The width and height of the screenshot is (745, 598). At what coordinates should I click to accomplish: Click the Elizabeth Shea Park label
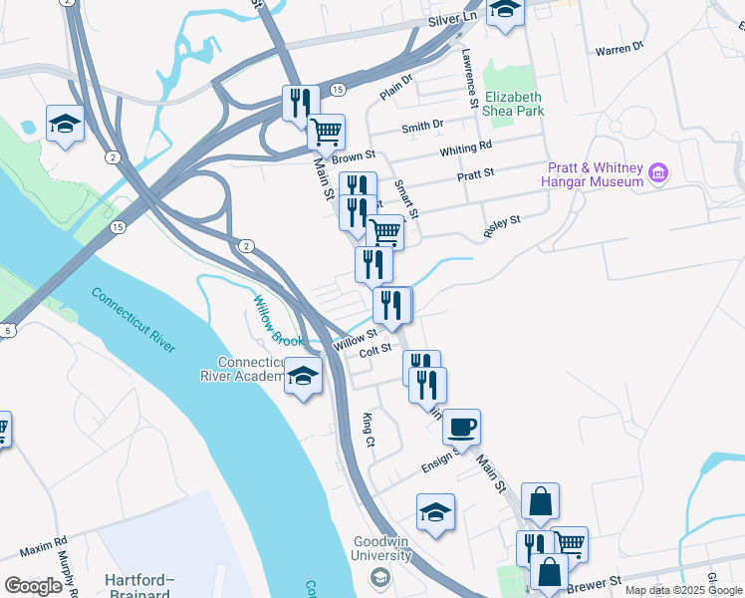(x=514, y=104)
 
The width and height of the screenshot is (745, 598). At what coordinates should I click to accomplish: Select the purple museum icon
(x=657, y=174)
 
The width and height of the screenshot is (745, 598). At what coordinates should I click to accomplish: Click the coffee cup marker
(x=461, y=428)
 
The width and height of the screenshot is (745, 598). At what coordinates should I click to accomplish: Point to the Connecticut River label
(x=133, y=320)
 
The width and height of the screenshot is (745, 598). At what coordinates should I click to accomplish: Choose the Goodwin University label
(x=381, y=548)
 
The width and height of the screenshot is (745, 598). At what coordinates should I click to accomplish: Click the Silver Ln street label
(x=452, y=19)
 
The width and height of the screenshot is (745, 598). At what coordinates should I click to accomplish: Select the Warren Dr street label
(x=619, y=48)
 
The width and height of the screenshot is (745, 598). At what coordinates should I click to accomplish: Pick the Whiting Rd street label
(x=466, y=147)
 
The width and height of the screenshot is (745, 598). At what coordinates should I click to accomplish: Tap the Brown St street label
(x=354, y=157)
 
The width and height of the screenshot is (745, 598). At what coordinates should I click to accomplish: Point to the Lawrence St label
(x=468, y=78)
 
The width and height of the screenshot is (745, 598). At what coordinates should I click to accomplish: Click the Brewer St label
(x=595, y=580)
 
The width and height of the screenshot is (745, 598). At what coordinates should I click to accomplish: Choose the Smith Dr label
(x=422, y=127)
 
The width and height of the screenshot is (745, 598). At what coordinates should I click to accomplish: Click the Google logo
(x=33, y=585)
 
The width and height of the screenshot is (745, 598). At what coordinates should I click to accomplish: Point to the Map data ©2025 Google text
(x=683, y=590)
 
